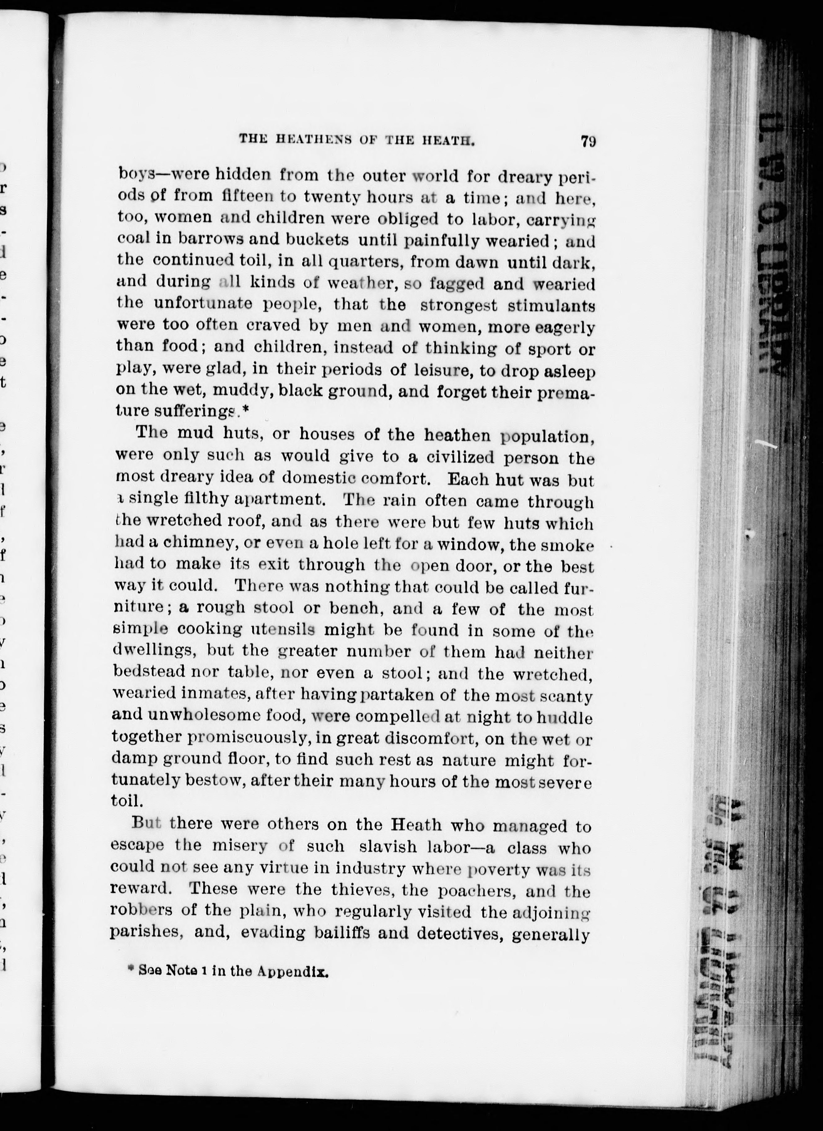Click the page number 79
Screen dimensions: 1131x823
coord(588,141)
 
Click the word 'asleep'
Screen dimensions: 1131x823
coord(569,371)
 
